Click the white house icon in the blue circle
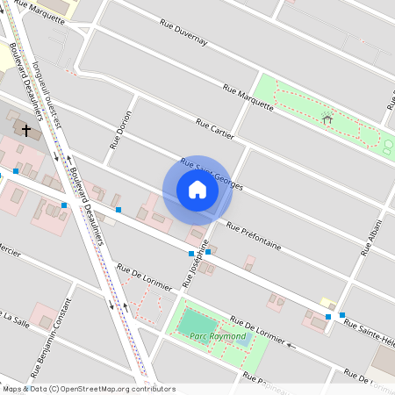[x=197, y=189]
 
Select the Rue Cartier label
[x=215, y=128]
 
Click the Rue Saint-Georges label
[x=211, y=175]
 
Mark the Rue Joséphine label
[x=196, y=263]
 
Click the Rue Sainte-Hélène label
[x=369, y=333]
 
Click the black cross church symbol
[x=26, y=131]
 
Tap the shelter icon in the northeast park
[x=327, y=119]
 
